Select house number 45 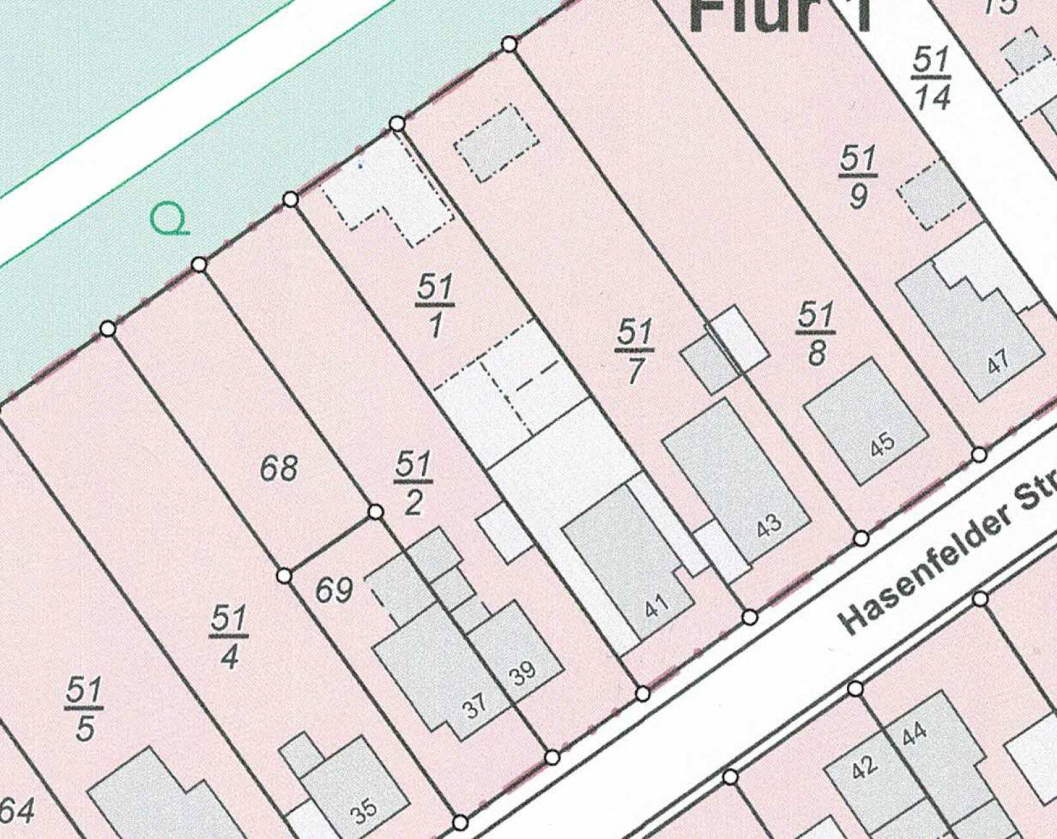pyautogui.click(x=882, y=443)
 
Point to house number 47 pyautogui.click(x=998, y=362)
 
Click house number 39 pyautogui.click(x=522, y=672)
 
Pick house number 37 pyautogui.click(x=475, y=706)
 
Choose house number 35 pyautogui.click(x=363, y=809)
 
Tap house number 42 pyautogui.click(x=864, y=767)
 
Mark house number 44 pyautogui.click(x=914, y=733)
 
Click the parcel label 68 pyautogui.click(x=279, y=468)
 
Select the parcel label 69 pyautogui.click(x=334, y=590)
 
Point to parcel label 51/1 pyautogui.click(x=435, y=306)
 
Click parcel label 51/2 pyautogui.click(x=414, y=482)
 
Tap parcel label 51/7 pyautogui.click(x=634, y=351)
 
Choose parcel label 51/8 pyautogui.click(x=815, y=334)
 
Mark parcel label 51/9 pyautogui.click(x=859, y=176)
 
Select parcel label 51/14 pyautogui.click(x=932, y=78)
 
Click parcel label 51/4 pyautogui.click(x=229, y=637)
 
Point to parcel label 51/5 pyautogui.click(x=84, y=709)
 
